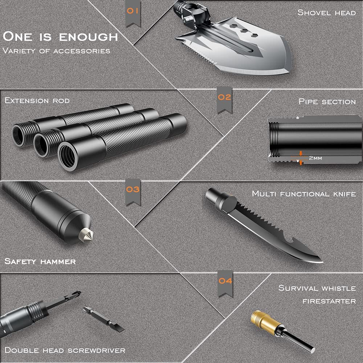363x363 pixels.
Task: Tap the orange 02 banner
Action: coord(225,100)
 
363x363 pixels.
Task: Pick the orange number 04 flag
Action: coord(225,283)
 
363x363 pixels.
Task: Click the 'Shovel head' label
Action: coord(326,12)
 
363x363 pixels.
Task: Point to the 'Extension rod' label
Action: coord(37,101)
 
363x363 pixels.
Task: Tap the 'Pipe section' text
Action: coord(327,101)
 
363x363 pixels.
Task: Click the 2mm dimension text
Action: coord(315,158)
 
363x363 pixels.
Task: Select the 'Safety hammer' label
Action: coord(40,261)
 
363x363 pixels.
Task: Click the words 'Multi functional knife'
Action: coord(304,193)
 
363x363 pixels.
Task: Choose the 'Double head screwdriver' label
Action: coord(65,350)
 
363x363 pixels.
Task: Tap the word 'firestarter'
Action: coord(329,301)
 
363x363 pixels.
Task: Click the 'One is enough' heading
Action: coord(60,37)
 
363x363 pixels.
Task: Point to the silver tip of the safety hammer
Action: coord(86,234)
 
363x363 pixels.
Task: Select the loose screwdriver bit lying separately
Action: coord(104,319)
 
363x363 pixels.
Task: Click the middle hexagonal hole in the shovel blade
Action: coord(244,31)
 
